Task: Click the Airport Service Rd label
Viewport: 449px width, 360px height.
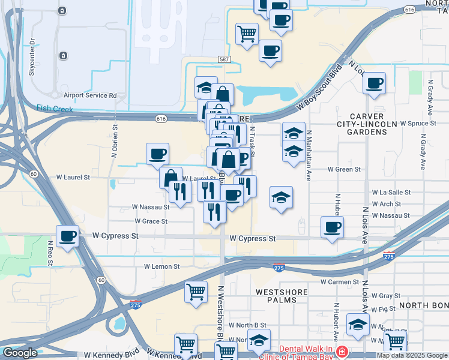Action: click(x=90, y=95)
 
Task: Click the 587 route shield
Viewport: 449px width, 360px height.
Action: click(x=224, y=59)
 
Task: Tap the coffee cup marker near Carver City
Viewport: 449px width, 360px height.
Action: click(x=375, y=83)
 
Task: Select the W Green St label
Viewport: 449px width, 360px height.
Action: click(x=344, y=169)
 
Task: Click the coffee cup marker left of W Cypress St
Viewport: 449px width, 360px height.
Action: click(x=68, y=235)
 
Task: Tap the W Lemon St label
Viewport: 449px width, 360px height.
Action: click(x=162, y=266)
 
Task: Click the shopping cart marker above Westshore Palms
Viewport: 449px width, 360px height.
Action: click(x=196, y=292)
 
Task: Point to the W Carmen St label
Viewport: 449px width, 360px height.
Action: click(x=339, y=281)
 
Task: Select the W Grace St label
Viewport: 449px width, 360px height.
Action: click(x=154, y=221)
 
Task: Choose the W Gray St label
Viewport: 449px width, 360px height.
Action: click(x=385, y=296)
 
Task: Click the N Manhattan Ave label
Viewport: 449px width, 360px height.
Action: click(x=309, y=156)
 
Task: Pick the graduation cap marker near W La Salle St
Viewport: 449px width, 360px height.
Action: click(x=281, y=198)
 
